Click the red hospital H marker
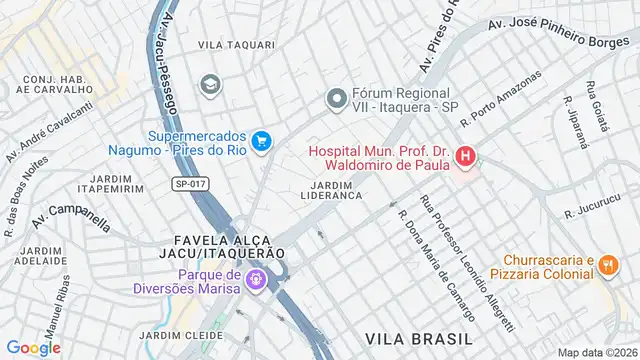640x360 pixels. click(465, 156)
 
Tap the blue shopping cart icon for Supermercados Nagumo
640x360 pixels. click(262, 142)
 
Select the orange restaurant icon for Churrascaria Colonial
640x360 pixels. click(608, 262)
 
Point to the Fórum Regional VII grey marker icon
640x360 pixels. click(337, 99)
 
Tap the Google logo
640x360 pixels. click(34, 347)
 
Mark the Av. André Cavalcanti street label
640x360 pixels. click(49, 131)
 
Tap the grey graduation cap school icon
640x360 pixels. click(210, 83)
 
